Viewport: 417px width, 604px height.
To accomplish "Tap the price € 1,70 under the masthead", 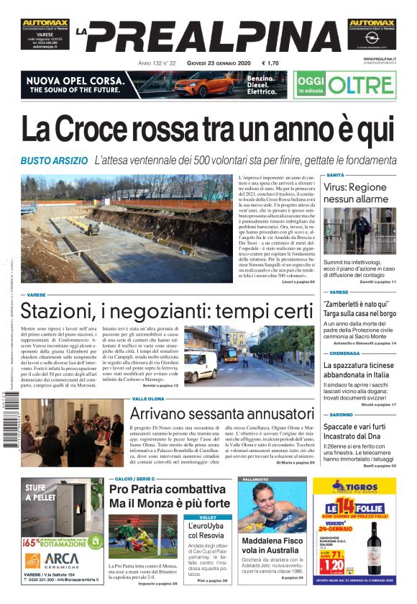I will click(x=270, y=63).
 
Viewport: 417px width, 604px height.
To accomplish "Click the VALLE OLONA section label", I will click(x=149, y=398).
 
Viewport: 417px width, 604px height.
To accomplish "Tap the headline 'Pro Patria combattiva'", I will click(x=163, y=490).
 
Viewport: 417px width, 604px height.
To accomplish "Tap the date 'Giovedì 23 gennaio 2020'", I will click(x=216, y=63).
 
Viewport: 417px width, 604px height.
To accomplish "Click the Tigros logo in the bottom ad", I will click(x=364, y=486).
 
